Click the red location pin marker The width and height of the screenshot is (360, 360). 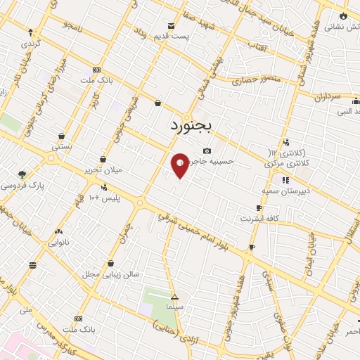click(x=180, y=165)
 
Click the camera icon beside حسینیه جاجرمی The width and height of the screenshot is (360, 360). click(x=206, y=150)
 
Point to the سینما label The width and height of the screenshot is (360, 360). click(x=175, y=308)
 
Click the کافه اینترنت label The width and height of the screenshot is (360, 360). click(x=259, y=219)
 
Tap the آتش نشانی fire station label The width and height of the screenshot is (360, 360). click(x=345, y=26)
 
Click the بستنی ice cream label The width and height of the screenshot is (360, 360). click(x=62, y=147)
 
